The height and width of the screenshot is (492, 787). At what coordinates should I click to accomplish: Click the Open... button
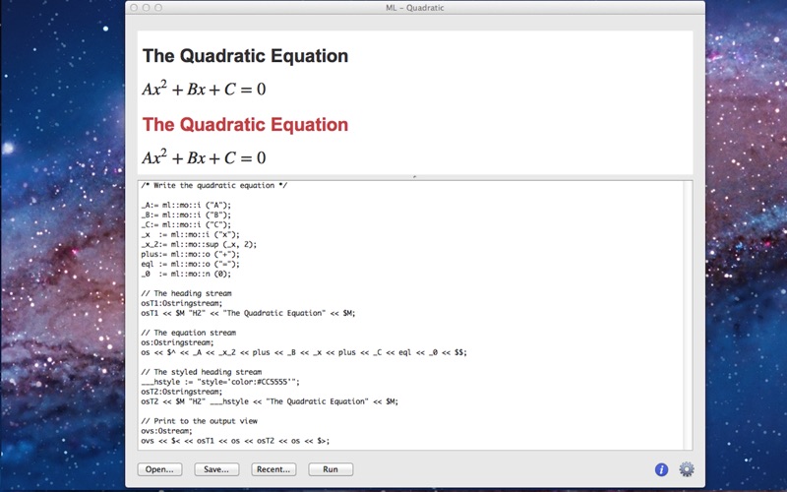point(159,469)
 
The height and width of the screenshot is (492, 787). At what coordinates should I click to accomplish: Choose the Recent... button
point(273,469)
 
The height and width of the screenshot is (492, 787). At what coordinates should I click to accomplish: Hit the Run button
point(331,469)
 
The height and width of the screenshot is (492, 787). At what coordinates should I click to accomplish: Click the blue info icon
point(661,469)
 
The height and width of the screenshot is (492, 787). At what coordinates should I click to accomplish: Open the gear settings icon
point(687,469)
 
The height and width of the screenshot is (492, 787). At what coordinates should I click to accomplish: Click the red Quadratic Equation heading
point(245,125)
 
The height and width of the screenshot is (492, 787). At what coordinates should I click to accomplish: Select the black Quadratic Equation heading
point(245,56)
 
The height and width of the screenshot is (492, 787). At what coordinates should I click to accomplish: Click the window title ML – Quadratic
point(414,8)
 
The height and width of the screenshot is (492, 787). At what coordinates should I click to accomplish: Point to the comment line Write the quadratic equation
point(214,186)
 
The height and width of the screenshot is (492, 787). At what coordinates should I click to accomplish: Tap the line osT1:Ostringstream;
point(182,303)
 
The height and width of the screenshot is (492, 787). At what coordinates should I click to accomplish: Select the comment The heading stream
point(186,293)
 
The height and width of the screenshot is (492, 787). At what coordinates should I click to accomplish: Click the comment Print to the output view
point(200,421)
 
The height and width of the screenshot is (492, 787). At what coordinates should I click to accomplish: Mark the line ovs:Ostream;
point(166,431)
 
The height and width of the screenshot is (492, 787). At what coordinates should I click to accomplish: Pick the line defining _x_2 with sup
point(199,244)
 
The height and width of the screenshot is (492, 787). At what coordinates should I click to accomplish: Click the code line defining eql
point(190,264)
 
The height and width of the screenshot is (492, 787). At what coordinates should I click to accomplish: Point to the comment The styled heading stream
point(202,372)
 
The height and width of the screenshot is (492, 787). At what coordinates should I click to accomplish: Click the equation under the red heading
point(204,156)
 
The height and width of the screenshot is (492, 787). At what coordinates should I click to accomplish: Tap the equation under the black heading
point(204,88)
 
